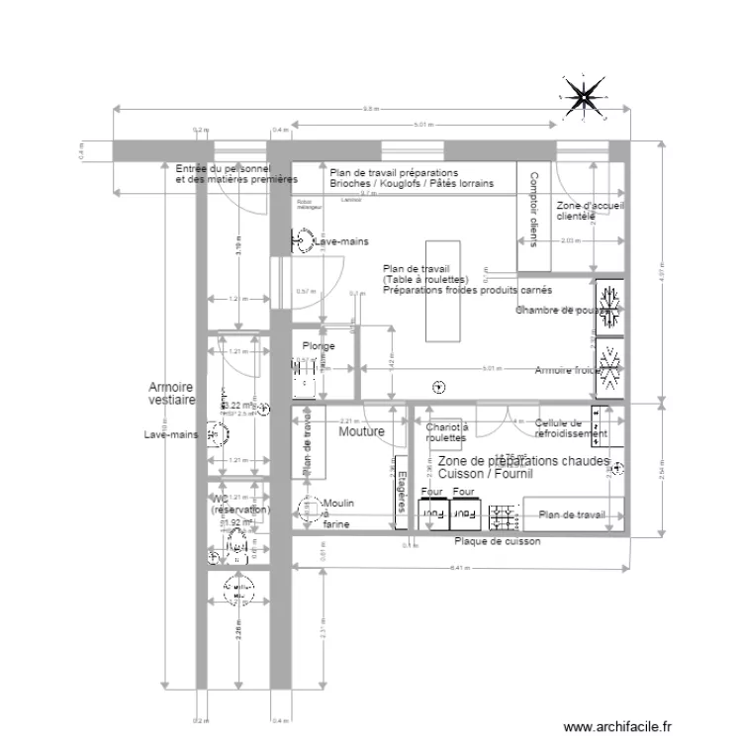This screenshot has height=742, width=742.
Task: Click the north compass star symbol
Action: pyautogui.click(x=585, y=96)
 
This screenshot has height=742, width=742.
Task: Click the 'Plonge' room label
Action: pyautogui.click(x=319, y=346)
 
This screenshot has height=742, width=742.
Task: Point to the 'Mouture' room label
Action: pyautogui.click(x=361, y=432)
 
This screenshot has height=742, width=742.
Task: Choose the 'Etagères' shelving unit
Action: pyautogui.click(x=400, y=492)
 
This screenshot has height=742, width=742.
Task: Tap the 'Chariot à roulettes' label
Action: pyautogui.click(x=446, y=432)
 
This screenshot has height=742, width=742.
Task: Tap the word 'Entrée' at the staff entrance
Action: pyautogui.click(x=192, y=170)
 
